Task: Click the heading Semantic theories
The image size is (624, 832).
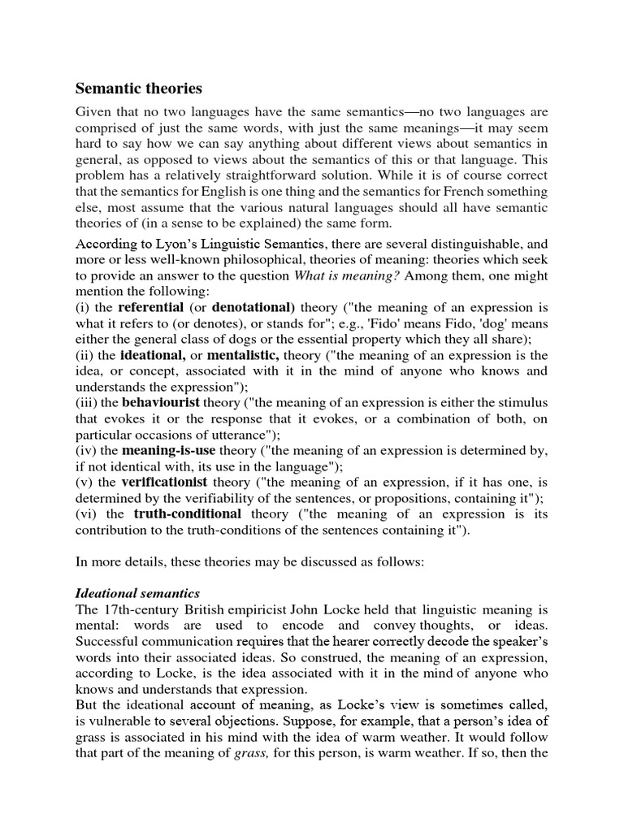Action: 139,88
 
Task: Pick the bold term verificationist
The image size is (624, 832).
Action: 165,483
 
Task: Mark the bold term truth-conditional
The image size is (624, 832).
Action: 188,514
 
